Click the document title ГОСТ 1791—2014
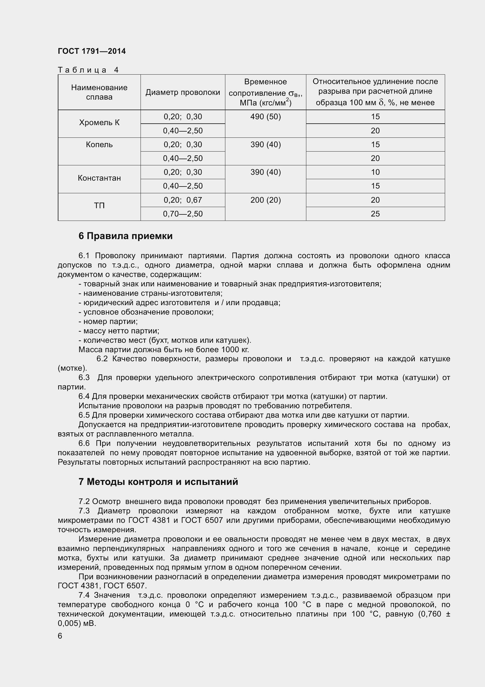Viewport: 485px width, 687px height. pos(92,51)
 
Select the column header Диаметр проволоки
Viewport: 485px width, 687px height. pos(182,93)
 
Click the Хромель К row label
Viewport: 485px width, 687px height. pos(99,123)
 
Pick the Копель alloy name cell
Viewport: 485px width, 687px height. pos(99,145)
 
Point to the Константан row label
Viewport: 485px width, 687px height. pos(99,178)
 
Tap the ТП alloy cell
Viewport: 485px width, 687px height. pos(99,206)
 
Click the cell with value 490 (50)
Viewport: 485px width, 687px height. pos(265,117)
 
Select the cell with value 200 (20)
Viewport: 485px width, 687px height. pos(265,200)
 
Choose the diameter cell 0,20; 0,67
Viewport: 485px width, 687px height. pos(182,200)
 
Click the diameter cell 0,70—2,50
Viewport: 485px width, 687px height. pos(182,214)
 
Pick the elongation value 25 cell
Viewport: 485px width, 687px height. pos(375,214)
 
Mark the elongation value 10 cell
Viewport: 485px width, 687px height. pos(375,172)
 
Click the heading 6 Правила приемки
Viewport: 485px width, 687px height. pos(126,236)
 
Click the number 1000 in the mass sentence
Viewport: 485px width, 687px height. pos(230,350)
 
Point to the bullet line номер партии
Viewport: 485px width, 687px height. pos(108,321)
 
